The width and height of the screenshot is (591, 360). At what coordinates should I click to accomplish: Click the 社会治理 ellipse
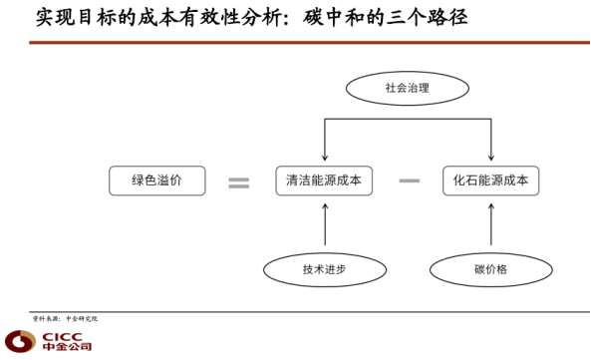click(408, 88)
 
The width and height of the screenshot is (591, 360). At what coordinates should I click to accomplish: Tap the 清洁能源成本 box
click(324, 181)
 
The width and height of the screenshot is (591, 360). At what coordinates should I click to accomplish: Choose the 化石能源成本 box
click(491, 181)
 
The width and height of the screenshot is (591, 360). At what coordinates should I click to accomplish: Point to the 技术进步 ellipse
click(324, 269)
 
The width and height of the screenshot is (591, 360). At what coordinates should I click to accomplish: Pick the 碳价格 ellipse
click(491, 269)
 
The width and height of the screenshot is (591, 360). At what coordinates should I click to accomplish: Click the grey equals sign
click(238, 182)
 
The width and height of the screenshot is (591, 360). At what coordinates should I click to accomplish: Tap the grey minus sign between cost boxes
click(409, 181)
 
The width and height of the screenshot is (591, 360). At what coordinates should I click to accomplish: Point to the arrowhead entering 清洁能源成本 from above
click(324, 158)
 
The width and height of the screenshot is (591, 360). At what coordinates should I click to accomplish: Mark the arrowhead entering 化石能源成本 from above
click(491, 158)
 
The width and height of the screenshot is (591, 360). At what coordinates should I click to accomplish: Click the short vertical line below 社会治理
click(408, 111)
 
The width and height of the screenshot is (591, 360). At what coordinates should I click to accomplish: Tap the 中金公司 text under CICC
click(67, 349)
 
